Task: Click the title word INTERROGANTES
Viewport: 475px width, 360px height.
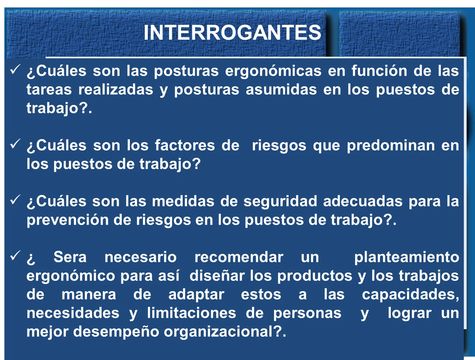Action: [232, 33]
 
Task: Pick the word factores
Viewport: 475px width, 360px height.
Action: [185, 145]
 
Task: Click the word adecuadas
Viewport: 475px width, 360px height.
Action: [363, 201]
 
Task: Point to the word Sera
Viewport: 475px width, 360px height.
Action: [70, 257]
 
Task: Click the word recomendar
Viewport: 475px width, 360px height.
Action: [239, 257]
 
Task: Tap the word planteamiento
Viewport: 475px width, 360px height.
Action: [407, 257]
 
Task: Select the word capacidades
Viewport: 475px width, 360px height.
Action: [410, 295]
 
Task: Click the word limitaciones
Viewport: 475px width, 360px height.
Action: [191, 313]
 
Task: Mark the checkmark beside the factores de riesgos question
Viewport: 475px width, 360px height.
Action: [15, 144]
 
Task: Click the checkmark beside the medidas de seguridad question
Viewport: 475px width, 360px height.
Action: [15, 200]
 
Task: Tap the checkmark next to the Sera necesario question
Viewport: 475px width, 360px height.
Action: [15, 255]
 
